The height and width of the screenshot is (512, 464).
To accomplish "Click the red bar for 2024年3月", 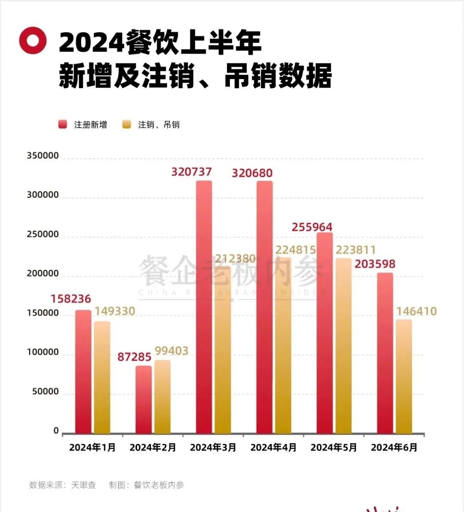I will [x=204, y=307].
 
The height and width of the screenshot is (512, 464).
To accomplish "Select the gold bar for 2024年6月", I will [x=404, y=377].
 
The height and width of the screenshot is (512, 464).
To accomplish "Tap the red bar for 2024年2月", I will [x=143, y=399].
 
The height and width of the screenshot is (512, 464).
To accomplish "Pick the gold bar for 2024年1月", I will [x=102, y=377].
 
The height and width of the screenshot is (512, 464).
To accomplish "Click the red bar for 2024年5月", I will [x=325, y=333].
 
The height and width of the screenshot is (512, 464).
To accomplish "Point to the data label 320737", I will [x=192, y=172].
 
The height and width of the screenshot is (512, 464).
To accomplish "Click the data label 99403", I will [x=171, y=351].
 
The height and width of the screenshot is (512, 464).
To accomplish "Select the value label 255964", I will [x=312, y=227].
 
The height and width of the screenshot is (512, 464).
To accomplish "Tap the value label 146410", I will [x=416, y=311].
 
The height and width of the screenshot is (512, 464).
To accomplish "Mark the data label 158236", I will [x=71, y=299].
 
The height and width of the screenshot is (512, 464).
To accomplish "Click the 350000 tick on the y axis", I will [x=43, y=156].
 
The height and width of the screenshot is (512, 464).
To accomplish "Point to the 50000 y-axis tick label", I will [x=45, y=392].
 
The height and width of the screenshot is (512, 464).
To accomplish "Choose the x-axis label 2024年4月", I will [x=273, y=448].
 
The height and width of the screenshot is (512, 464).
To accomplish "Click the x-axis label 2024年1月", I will [x=92, y=448].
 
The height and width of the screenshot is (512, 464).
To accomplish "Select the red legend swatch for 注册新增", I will [x=63, y=125].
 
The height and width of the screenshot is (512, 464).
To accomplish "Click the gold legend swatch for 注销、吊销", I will [x=126, y=125].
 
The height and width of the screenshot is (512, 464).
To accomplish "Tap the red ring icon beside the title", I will [x=33, y=40].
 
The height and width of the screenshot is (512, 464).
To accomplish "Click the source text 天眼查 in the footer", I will [x=83, y=485].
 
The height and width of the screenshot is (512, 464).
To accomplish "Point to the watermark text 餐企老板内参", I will [x=231, y=271].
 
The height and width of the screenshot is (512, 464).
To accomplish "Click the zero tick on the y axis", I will [x=56, y=431].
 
